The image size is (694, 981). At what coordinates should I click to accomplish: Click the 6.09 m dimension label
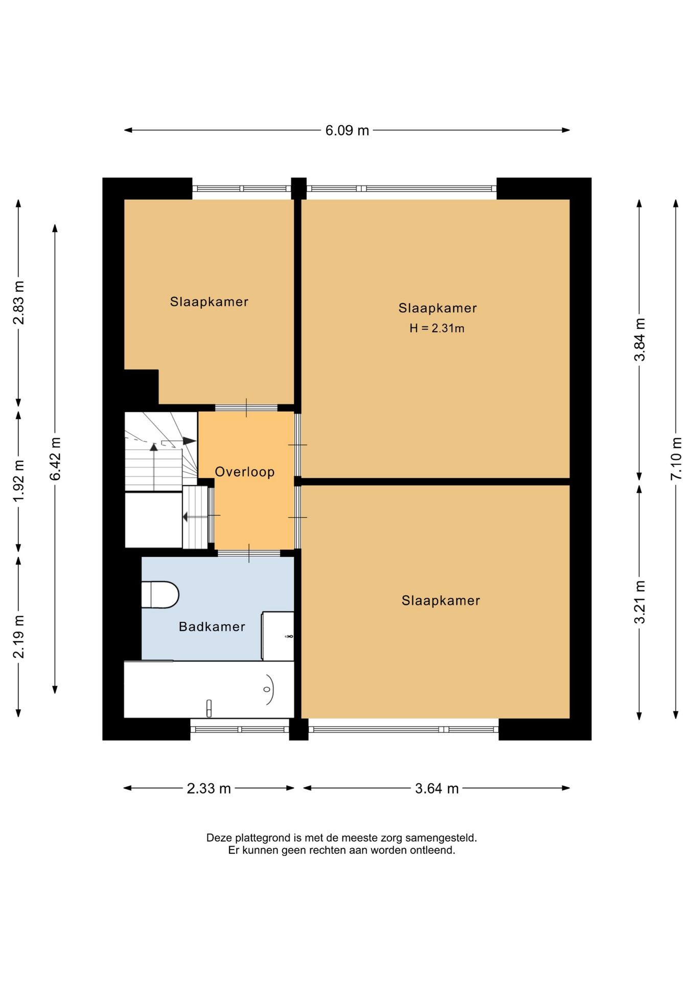point(347,130)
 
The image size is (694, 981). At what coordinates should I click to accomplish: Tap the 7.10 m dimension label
point(676,458)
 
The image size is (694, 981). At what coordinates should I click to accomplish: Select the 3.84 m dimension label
point(639,339)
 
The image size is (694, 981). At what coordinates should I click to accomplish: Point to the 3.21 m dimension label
point(639,602)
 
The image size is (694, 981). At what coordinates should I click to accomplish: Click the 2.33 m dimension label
point(209,788)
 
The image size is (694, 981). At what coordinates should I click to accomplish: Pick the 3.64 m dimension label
point(436,788)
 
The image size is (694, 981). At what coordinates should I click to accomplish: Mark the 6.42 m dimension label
point(55,458)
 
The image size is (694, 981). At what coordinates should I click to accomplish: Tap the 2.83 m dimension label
point(19,302)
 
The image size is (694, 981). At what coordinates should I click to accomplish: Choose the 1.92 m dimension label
point(19,481)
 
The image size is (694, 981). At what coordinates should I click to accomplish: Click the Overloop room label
point(245,472)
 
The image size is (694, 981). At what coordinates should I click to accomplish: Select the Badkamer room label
point(212,626)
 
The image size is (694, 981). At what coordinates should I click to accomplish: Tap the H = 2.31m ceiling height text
point(437,328)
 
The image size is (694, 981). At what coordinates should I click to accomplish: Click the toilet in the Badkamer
point(160,595)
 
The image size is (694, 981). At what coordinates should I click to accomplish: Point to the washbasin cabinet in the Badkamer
point(278,636)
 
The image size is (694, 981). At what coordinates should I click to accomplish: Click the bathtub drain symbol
point(267,689)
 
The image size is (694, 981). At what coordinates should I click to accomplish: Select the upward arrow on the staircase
point(154,466)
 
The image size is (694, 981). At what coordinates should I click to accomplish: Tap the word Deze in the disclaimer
point(218,838)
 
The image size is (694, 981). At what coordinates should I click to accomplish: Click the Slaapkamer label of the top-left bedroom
point(210,301)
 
